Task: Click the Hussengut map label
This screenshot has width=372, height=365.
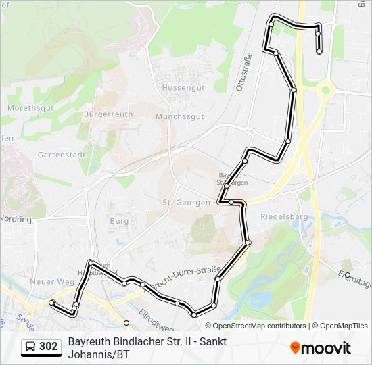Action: [179, 87]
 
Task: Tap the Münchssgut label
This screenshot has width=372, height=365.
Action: [179, 116]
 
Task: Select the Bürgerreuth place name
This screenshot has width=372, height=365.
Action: [108, 114]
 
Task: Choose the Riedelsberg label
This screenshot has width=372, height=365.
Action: [283, 216]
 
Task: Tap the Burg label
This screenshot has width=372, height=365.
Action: [119, 220]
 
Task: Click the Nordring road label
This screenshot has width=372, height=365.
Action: [16, 219]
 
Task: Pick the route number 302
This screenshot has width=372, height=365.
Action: [48, 347]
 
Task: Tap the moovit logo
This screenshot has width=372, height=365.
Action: [321, 348]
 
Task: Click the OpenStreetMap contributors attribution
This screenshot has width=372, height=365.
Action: [255, 326]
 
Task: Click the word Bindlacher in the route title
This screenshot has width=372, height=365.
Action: [138, 341]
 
